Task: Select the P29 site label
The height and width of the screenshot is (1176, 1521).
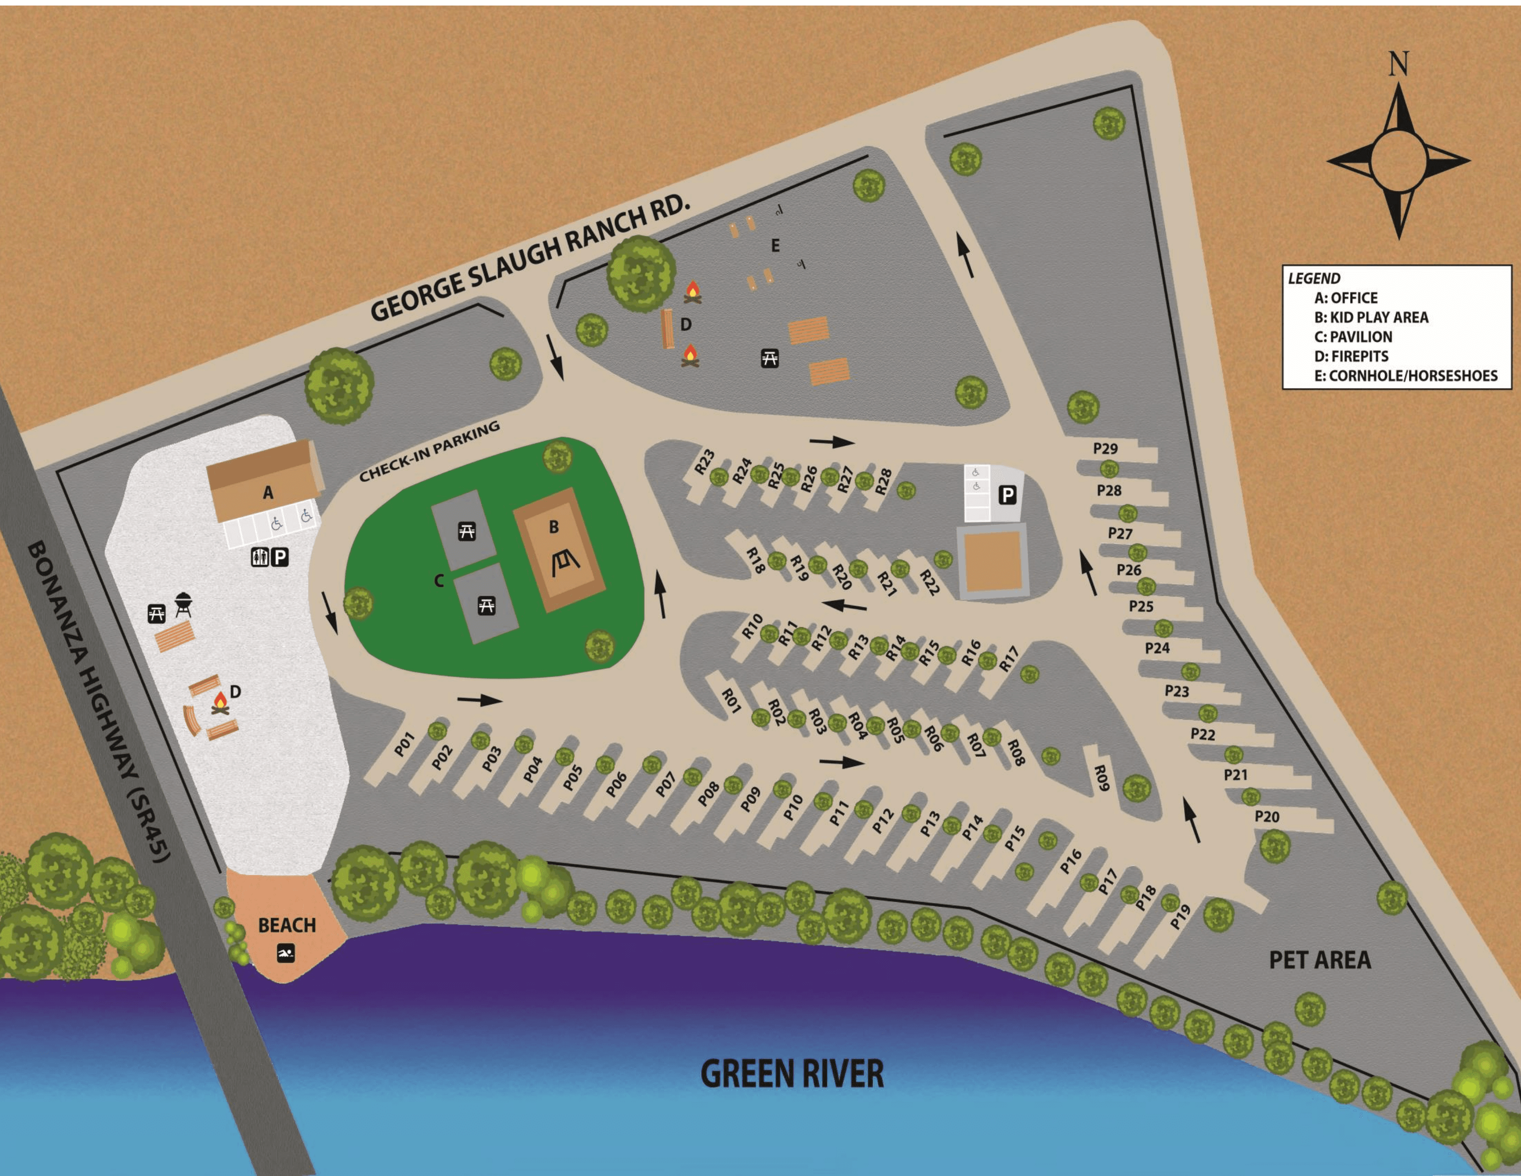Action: (x=1105, y=448)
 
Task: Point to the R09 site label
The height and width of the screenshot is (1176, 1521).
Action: (x=1100, y=778)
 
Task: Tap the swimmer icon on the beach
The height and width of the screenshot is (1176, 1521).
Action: (x=286, y=954)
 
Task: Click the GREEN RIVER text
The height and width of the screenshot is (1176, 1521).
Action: (x=792, y=1074)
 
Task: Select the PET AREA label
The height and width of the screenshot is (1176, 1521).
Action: (x=1320, y=960)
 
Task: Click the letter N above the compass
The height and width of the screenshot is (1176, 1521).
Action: (x=1398, y=64)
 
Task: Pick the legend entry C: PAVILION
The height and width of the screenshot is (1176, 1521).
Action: (x=1353, y=337)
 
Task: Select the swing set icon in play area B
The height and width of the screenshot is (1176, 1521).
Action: (x=564, y=563)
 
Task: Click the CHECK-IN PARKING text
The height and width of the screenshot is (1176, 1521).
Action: (x=429, y=451)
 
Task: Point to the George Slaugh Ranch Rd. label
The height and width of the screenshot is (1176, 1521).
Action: (x=529, y=258)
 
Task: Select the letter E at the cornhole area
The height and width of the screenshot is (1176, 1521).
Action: (x=775, y=246)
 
